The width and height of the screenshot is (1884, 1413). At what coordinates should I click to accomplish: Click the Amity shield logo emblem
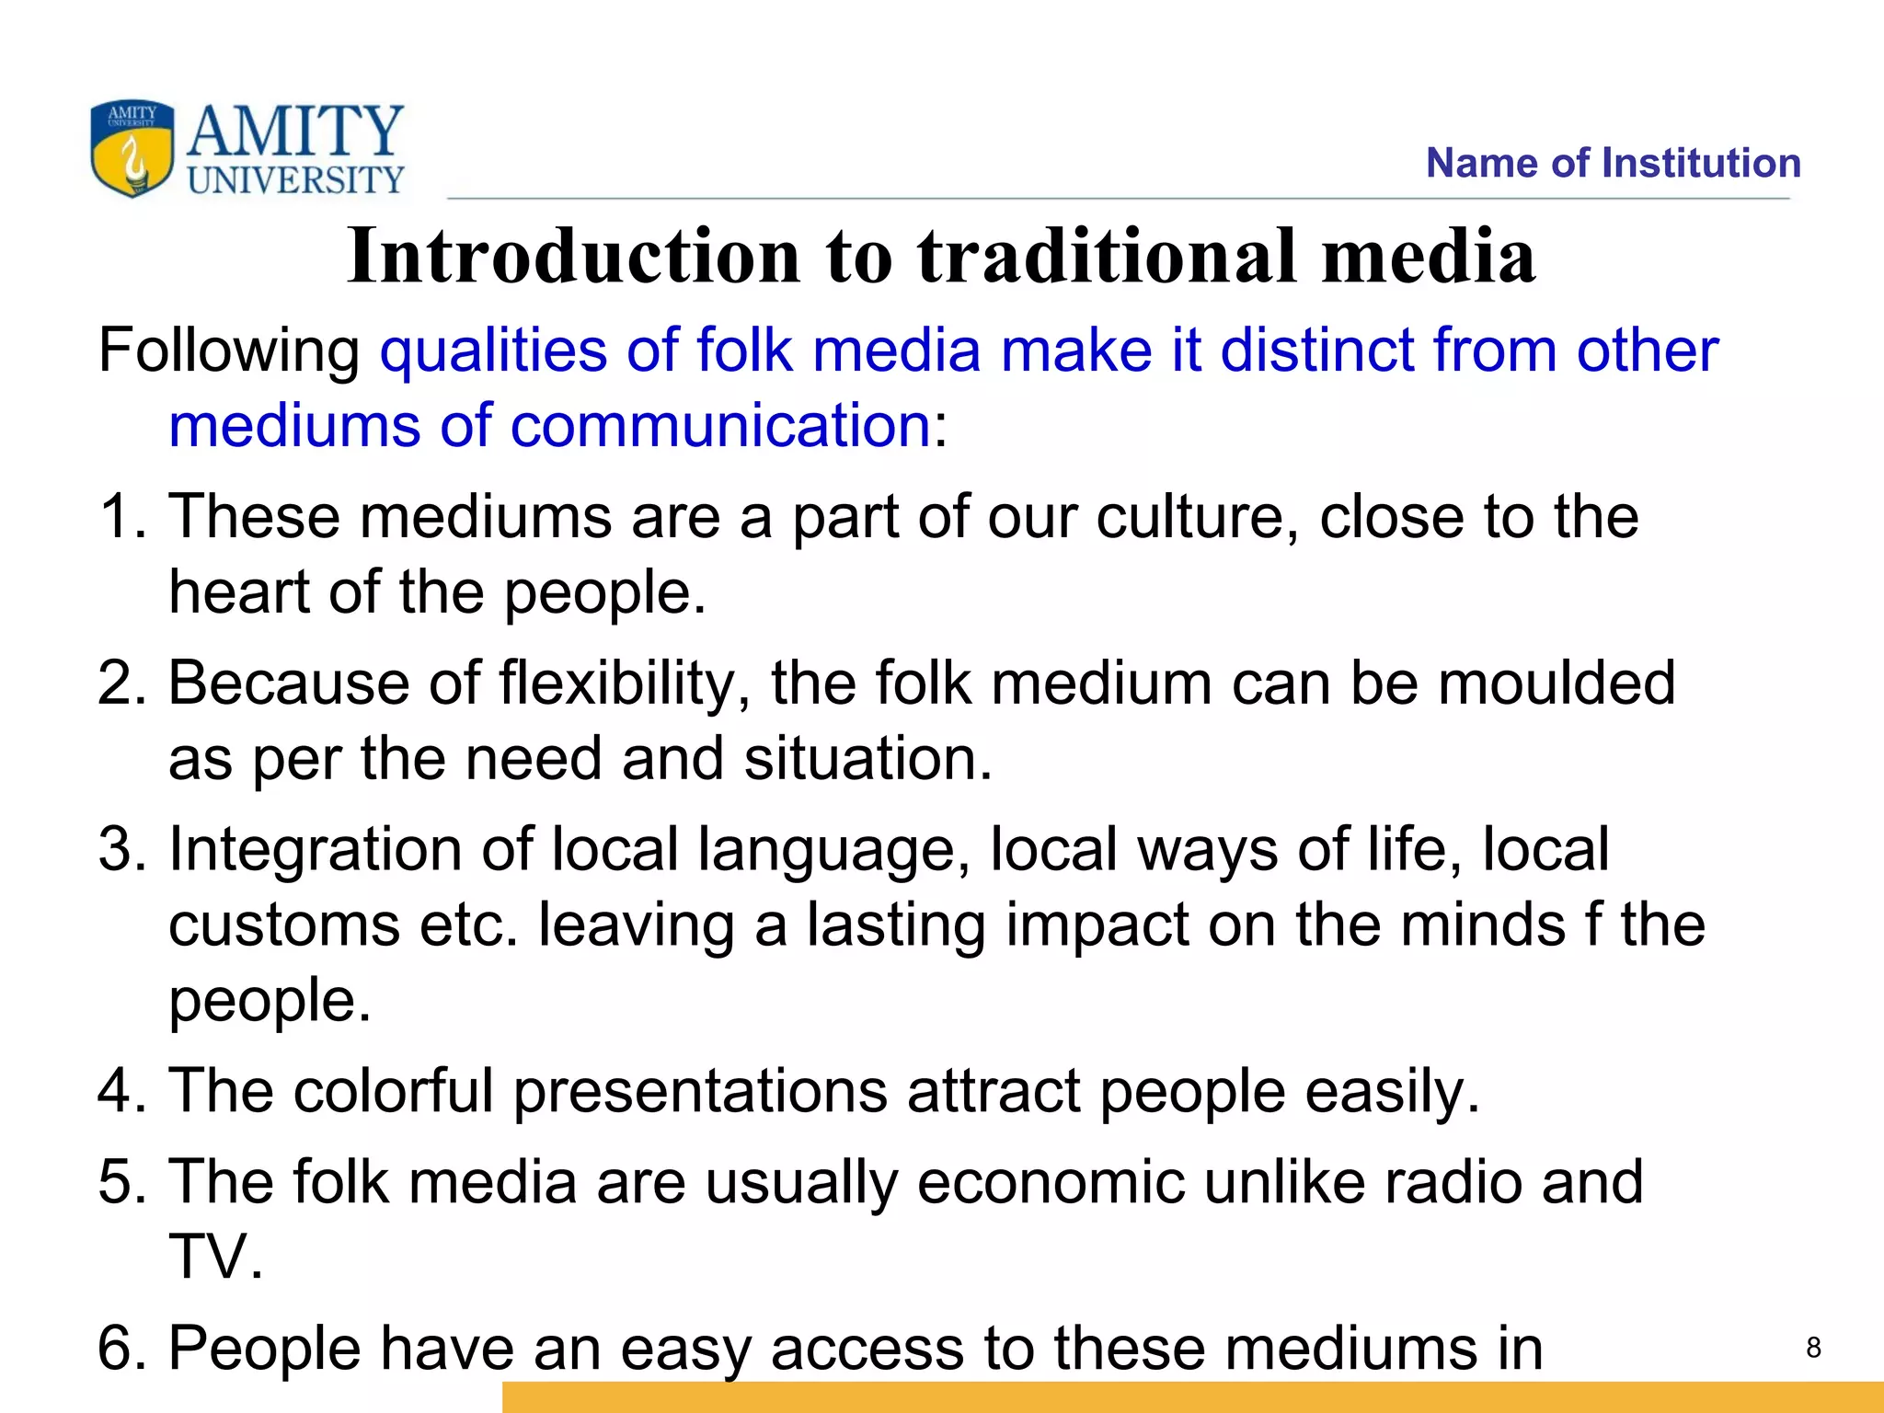[x=132, y=149]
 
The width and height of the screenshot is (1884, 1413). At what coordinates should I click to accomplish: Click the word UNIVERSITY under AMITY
[x=295, y=179]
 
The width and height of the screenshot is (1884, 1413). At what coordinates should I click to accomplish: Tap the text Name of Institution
[x=1613, y=163]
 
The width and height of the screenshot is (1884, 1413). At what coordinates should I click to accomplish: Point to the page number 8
[x=1813, y=1348]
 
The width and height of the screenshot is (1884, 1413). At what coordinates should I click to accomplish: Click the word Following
[x=229, y=350]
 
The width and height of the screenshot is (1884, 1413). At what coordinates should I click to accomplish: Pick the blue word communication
[x=719, y=426]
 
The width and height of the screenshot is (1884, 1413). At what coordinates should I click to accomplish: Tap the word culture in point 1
[x=1197, y=516]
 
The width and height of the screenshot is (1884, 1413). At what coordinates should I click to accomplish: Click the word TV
[x=215, y=1258]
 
